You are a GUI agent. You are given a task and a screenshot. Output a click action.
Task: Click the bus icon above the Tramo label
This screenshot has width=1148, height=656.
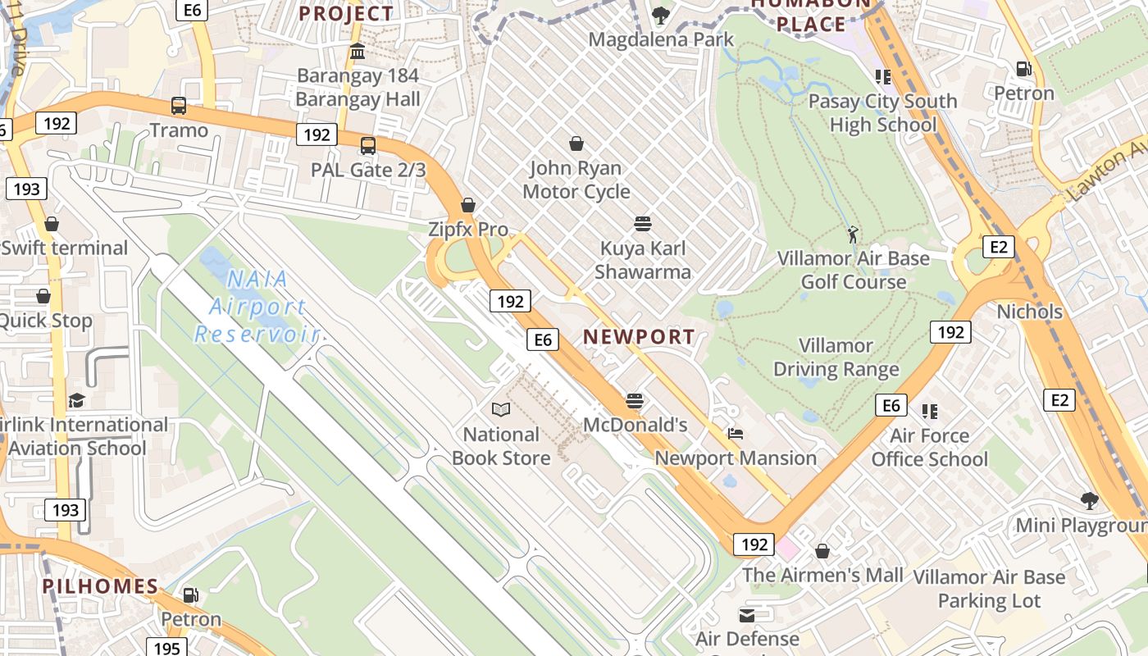coord(179,106)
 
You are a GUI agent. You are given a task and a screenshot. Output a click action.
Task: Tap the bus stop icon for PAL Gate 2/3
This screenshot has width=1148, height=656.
coord(368,146)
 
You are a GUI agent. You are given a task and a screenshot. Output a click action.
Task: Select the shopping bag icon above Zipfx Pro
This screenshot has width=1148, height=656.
coord(468,205)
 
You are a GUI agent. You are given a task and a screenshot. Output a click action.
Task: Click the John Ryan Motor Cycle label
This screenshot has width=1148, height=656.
coord(576,180)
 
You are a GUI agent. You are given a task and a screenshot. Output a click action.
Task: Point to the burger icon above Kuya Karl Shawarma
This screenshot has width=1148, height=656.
coord(643,224)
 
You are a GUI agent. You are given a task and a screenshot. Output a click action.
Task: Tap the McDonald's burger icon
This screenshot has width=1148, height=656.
coord(635,401)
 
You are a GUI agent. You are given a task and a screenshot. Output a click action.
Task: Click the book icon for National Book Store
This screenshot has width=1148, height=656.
coord(501,409)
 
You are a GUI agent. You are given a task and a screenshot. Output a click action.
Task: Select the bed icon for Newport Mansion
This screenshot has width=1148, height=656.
coord(736,434)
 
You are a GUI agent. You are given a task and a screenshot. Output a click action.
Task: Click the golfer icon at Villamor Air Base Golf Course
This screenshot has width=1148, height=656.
coord(854,235)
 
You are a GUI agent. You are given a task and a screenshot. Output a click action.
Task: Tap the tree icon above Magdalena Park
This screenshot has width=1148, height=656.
coord(661,15)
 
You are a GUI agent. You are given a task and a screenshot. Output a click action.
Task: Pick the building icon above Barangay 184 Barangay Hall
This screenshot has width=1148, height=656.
coord(358,52)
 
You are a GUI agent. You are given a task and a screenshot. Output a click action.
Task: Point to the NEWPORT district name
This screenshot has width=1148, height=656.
coord(639,336)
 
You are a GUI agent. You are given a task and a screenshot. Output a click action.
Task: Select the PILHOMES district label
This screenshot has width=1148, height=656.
coord(100,585)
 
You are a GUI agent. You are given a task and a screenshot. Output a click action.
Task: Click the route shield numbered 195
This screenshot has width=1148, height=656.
coord(166,648)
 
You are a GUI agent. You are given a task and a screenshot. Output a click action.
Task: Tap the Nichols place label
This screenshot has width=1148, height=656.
coord(1029,312)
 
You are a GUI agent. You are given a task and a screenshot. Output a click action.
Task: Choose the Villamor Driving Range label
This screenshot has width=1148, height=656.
coord(836,358)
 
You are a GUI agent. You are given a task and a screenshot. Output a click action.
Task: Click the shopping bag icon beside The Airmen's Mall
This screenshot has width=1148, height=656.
coord(822,551)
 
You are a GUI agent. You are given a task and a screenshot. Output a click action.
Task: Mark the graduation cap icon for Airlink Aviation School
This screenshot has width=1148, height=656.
coord(76,400)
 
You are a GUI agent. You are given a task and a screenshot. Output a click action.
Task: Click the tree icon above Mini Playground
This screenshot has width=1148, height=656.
coord(1089,501)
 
